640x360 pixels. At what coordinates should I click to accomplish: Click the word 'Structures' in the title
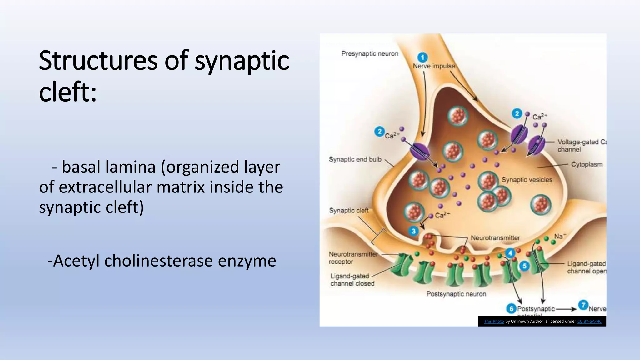98,61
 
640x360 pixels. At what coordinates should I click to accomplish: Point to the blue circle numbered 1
422,57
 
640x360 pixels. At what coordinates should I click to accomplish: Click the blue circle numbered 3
413,231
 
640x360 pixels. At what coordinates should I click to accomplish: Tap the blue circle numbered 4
510,253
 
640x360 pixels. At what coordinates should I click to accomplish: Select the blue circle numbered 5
524,266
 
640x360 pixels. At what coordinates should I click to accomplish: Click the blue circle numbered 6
511,309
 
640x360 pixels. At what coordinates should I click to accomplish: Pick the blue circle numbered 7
583,305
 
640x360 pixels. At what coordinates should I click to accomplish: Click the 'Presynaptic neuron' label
370,53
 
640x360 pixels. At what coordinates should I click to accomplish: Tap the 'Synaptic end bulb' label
355,159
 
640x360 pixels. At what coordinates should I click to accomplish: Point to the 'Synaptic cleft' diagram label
349,211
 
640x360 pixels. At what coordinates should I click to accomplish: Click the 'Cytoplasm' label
587,164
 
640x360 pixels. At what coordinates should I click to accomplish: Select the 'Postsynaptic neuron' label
456,294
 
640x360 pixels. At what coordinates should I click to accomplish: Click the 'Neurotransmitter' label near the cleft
495,238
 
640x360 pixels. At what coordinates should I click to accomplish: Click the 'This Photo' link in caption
494,321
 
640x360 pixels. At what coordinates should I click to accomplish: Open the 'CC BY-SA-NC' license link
589,321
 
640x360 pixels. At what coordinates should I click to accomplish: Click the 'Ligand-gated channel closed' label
352,280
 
